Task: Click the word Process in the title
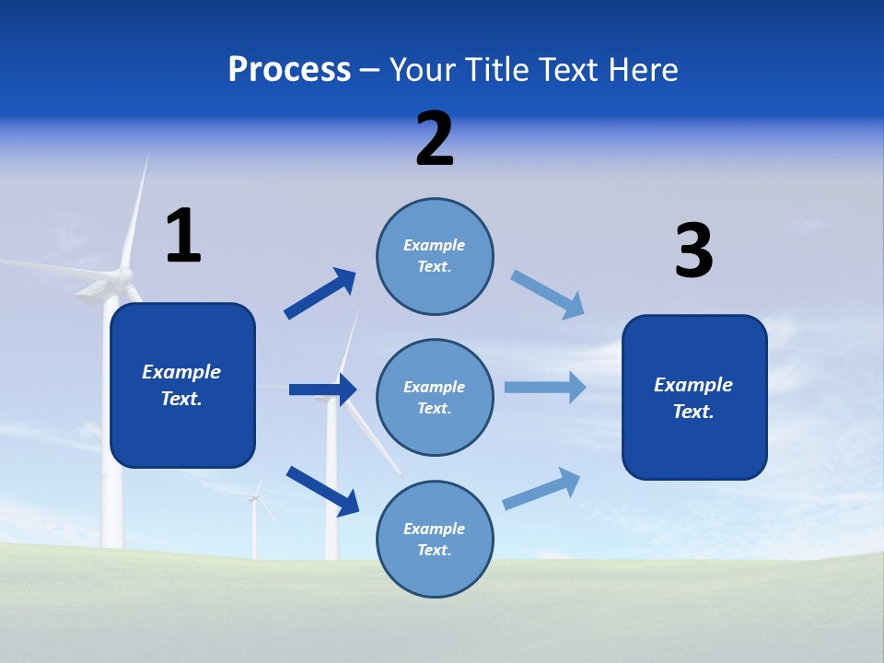click(289, 70)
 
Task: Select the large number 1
click(182, 236)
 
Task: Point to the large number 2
click(435, 139)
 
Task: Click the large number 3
click(693, 250)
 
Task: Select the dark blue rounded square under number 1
click(182, 385)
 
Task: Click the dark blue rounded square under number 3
click(694, 397)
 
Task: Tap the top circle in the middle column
click(435, 256)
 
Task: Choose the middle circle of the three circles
click(435, 397)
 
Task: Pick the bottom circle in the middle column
click(435, 539)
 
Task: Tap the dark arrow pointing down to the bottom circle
click(322, 491)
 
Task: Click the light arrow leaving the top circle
click(547, 295)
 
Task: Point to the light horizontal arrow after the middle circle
click(545, 387)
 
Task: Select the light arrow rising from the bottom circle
click(541, 488)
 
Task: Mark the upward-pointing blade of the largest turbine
click(136, 212)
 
